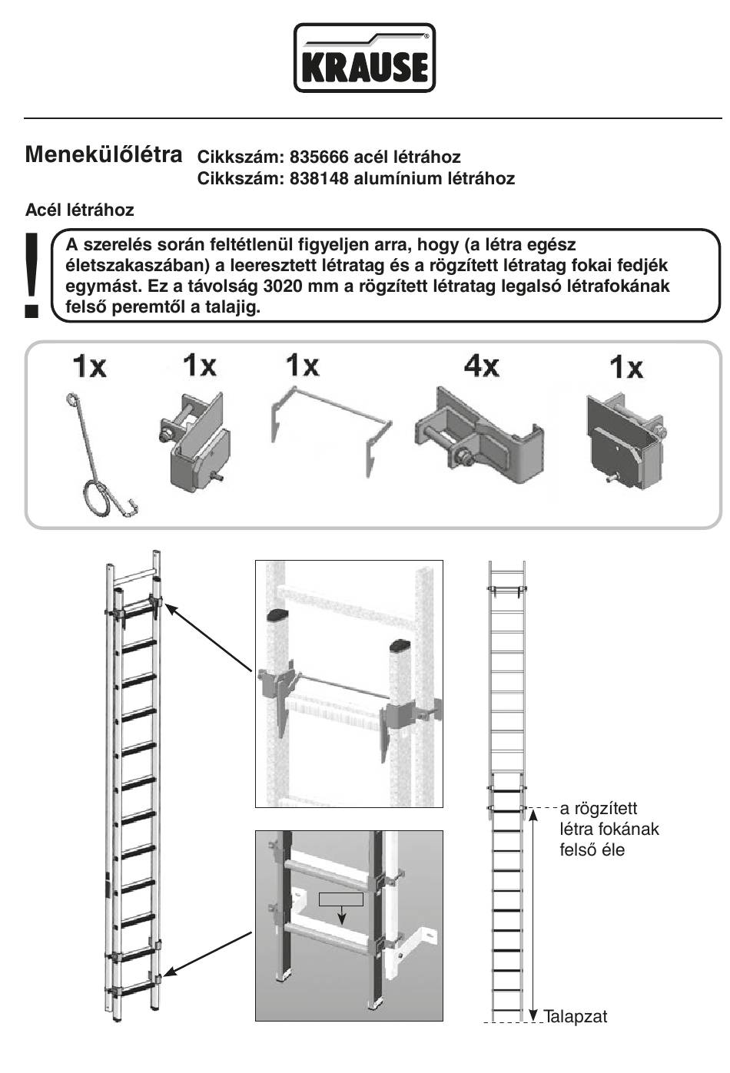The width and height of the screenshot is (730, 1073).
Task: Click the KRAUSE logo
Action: pos(364,58)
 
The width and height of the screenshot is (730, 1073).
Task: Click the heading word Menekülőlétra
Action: pos(104,154)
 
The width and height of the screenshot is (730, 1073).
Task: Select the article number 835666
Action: pos(319,157)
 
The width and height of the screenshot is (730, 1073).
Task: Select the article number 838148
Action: pos(319,179)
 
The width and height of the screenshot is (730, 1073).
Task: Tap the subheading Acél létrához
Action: pos(79,210)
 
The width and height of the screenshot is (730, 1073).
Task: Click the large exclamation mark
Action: pos(31,273)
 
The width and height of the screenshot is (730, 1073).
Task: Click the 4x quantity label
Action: pos(481,366)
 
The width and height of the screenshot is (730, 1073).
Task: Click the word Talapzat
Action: pos(576,1017)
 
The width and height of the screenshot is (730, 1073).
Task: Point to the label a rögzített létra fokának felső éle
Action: pos(609,830)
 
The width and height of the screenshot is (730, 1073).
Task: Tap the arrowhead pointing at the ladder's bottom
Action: pos(167,976)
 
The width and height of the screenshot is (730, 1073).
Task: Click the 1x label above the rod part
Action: pos(90,366)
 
